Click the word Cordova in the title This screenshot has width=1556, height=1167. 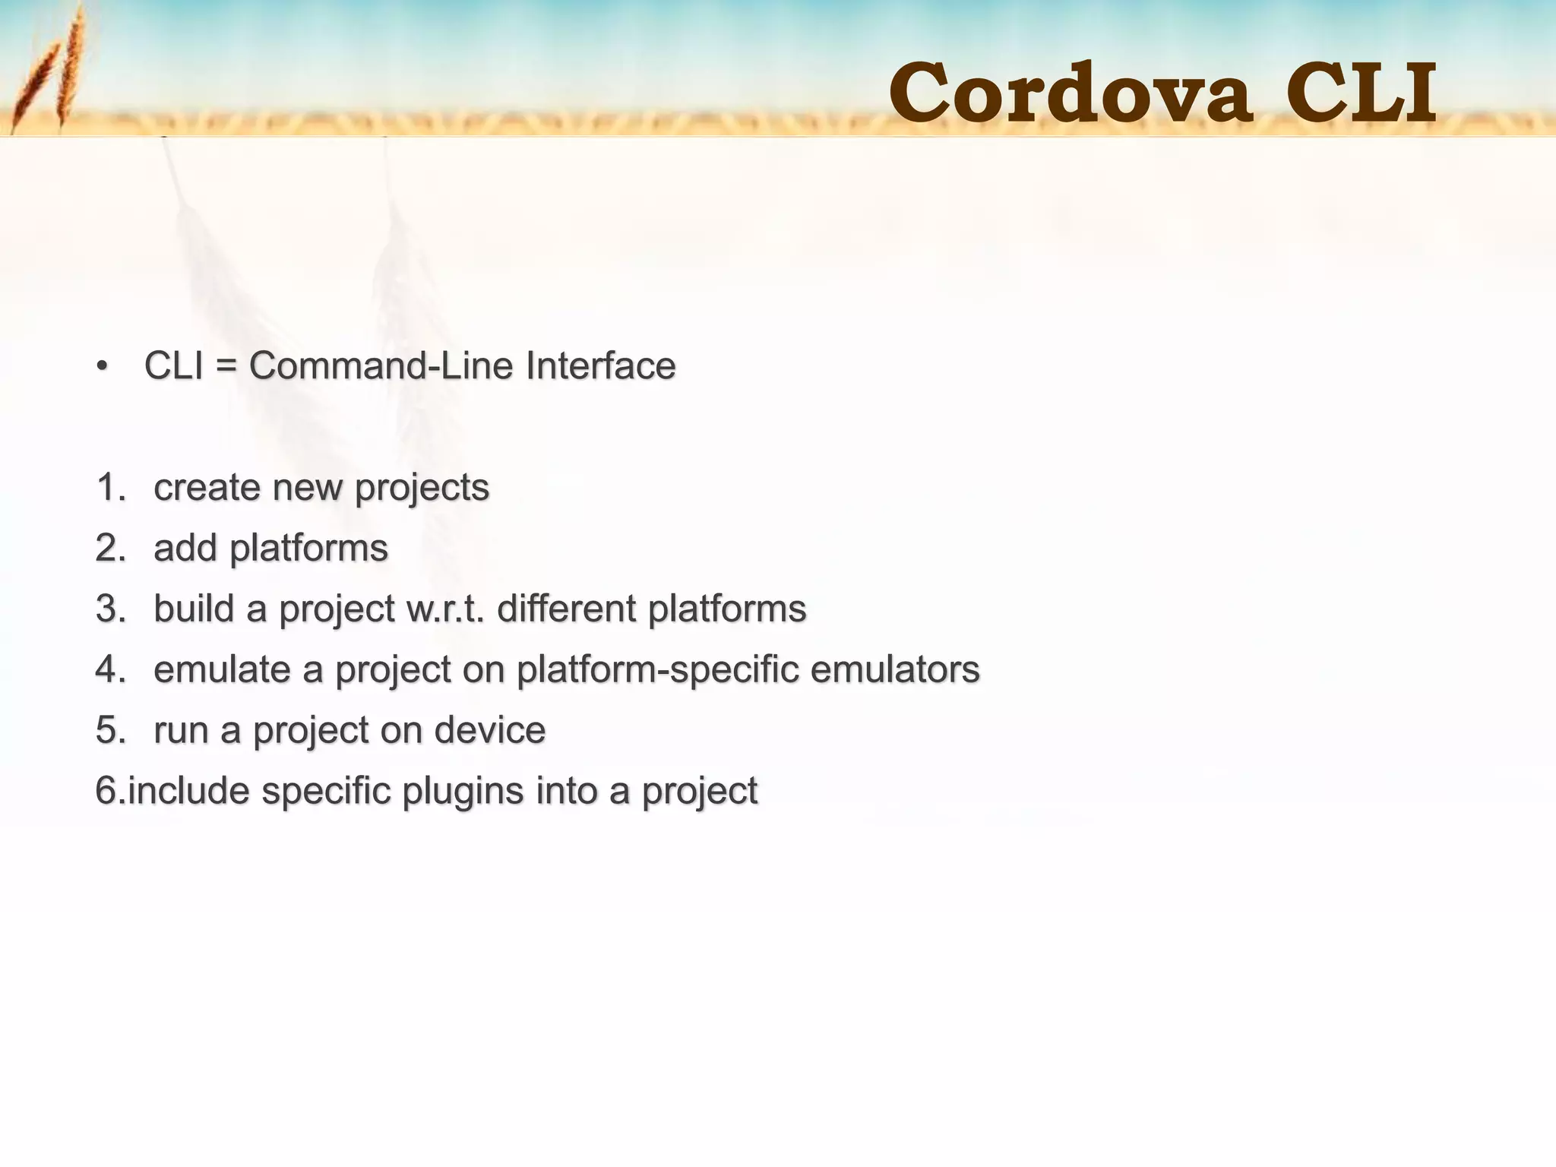(1070, 93)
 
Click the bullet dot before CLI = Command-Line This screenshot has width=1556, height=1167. (103, 367)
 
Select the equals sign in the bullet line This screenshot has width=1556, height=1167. (226, 367)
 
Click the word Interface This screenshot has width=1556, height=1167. (600, 365)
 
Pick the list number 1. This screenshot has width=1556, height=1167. (110, 487)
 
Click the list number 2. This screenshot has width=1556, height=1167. (111, 548)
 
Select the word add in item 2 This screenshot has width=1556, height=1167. (185, 548)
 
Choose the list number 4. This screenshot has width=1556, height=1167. (111, 669)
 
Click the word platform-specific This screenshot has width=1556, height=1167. (657, 670)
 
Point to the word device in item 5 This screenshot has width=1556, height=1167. (490, 730)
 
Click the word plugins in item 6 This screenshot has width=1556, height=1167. (463, 792)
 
